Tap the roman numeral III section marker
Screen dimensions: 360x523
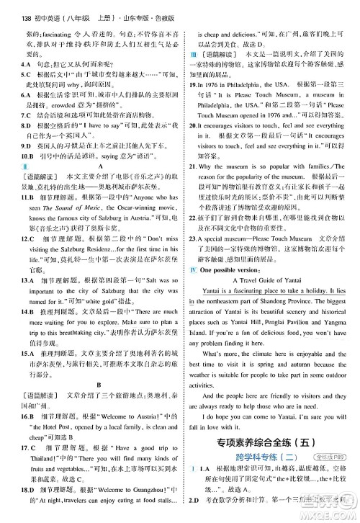click(193, 54)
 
